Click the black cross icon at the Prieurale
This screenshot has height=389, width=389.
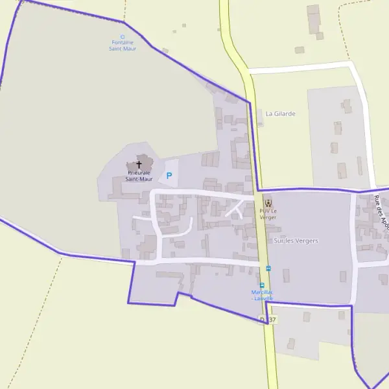(138, 165)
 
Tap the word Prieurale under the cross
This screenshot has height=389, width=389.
(139, 173)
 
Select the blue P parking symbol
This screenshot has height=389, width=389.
(169, 176)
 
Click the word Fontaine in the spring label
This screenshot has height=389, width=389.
(123, 43)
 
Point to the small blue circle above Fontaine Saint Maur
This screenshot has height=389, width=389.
(123, 36)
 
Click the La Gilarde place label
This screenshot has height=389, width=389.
(280, 113)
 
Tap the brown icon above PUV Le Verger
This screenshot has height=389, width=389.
(268, 204)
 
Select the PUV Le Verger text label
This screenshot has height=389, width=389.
(268, 214)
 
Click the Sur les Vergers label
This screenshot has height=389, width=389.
(296, 241)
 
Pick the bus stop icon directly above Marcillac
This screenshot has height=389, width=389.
(262, 285)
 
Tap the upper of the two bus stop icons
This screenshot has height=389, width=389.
(268, 268)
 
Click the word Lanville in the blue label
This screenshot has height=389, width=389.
(265, 298)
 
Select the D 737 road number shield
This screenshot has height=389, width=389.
(267, 319)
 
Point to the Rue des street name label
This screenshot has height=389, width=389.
(381, 211)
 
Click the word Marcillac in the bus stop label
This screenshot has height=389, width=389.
(262, 292)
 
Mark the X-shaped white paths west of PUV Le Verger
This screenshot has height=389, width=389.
(235, 209)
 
